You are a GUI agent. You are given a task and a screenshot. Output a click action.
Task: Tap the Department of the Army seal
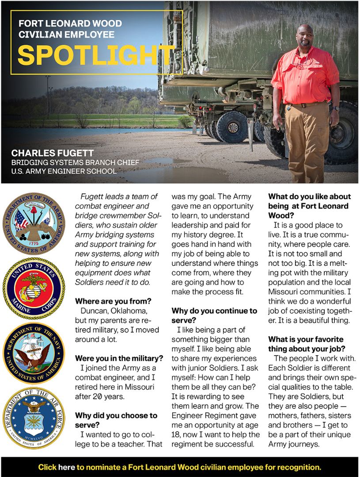[34, 223]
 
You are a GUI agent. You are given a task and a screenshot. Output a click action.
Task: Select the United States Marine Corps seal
[34, 288]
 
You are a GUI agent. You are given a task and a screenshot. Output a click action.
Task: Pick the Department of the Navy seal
[34, 353]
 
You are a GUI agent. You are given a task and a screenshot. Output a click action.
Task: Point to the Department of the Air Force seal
[34, 417]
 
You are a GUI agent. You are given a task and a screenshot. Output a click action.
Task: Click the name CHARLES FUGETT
[53, 153]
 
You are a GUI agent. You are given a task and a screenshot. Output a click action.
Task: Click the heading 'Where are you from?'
[113, 301]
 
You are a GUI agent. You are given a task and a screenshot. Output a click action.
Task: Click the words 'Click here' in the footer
[57, 467]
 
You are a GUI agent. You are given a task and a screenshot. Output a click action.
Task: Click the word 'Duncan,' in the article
[94, 311]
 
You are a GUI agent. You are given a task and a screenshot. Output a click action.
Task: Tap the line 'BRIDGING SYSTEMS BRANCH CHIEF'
[75, 162]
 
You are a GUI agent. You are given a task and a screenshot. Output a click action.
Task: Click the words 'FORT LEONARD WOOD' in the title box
[70, 23]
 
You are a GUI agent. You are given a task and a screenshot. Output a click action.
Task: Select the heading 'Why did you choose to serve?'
[116, 420]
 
